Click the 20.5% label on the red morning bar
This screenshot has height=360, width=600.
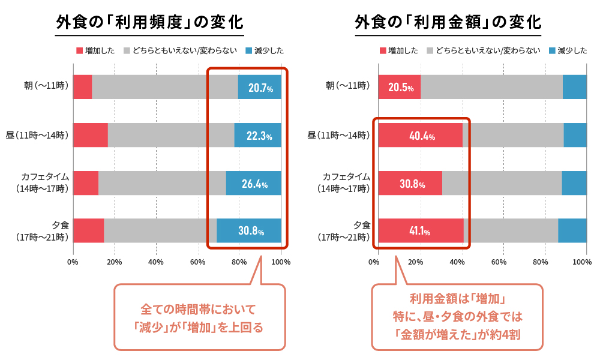point(400,88)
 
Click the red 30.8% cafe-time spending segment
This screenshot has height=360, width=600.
point(410,184)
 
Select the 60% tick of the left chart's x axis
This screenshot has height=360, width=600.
point(198,262)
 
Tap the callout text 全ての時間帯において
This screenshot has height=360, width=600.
point(199,310)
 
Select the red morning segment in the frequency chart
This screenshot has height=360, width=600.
point(82,87)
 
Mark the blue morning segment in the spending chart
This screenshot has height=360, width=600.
point(575,87)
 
